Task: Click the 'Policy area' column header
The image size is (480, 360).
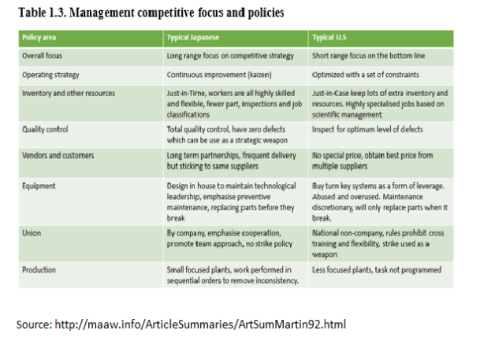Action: coord(40,38)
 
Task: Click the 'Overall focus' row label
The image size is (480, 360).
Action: coord(43,57)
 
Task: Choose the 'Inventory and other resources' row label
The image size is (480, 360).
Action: coord(68,93)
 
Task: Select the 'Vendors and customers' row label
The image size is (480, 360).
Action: coord(57,156)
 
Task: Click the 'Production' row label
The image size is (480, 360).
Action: coord(39,269)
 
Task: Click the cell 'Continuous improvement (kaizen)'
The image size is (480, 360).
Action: coord(220,75)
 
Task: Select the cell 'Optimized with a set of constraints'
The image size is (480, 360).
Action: coord(367,75)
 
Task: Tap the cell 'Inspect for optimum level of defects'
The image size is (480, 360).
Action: coord(367,129)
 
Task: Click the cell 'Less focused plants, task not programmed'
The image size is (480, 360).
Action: coord(377,269)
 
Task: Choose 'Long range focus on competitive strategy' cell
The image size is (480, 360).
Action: coord(229,57)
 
